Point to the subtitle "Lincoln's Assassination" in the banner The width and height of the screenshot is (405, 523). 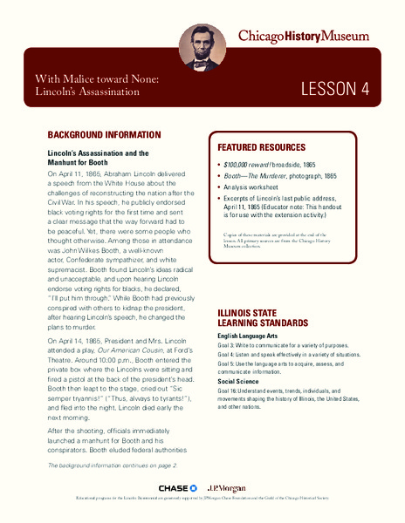87,93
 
